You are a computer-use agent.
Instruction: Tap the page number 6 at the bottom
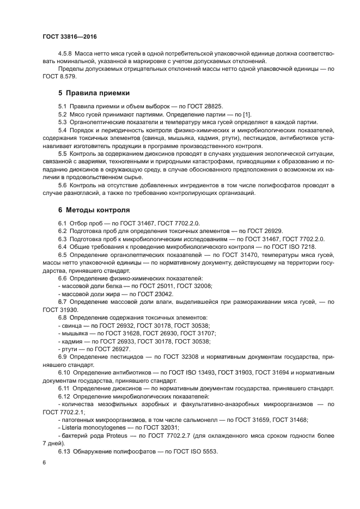click(44, 462)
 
